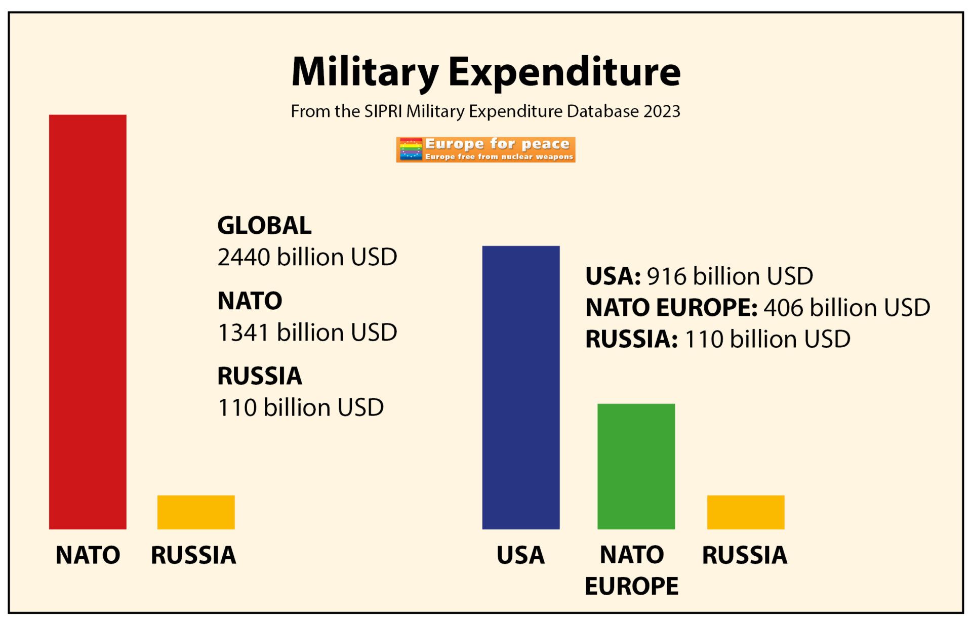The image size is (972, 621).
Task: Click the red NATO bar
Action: [x=88, y=322]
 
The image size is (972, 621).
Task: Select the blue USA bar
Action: [x=520, y=388]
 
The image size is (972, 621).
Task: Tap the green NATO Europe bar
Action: [x=636, y=466]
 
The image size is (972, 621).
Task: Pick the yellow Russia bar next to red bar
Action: [x=196, y=512]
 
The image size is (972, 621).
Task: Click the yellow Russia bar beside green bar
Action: [x=745, y=512]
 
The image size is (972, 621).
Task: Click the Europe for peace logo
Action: [x=485, y=150]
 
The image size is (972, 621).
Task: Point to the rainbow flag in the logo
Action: [x=411, y=150]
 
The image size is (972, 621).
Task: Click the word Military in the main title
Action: [x=365, y=72]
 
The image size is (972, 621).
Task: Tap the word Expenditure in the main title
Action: [x=564, y=72]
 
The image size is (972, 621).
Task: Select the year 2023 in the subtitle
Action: [x=662, y=111]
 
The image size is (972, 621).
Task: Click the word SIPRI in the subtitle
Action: [x=383, y=111]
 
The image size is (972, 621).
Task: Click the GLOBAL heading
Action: [x=264, y=226]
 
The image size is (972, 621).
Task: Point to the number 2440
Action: [x=244, y=257]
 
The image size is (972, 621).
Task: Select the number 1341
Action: [x=244, y=333]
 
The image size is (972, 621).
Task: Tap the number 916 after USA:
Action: [x=667, y=276]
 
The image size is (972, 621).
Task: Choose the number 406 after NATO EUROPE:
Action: [x=784, y=308]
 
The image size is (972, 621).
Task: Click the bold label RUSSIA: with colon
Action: [x=631, y=339]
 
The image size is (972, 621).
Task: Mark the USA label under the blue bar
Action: [x=520, y=555]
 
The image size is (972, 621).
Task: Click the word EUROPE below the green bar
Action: [x=631, y=587]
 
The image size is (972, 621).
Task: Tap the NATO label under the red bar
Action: [x=88, y=555]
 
